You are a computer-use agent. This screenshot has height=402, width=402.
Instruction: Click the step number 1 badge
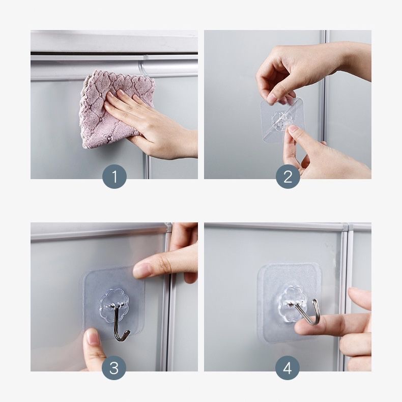[x=114, y=177]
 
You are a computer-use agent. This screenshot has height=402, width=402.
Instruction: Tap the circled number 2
[x=288, y=177]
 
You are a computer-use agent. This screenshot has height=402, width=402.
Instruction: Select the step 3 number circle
[x=114, y=368]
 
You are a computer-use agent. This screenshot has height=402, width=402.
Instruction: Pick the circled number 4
[x=288, y=368]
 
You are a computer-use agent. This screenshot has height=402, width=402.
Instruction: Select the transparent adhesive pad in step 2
[x=282, y=121]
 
